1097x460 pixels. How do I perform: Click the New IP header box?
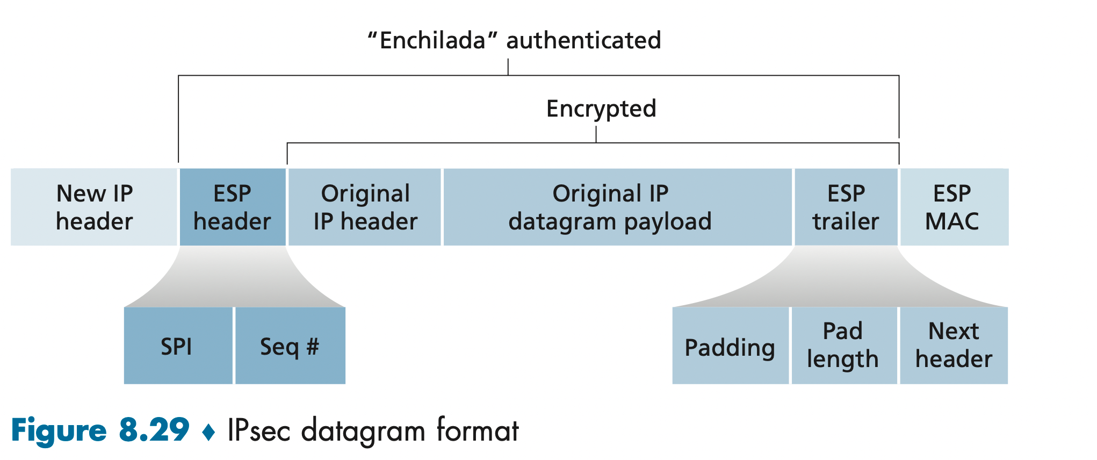94,207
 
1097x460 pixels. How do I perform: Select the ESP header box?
232,207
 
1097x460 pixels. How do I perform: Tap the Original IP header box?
365,207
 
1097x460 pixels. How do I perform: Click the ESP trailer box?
846,207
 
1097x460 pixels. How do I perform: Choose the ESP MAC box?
954,207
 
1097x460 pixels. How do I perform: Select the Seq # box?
290,346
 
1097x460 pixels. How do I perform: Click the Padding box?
730,346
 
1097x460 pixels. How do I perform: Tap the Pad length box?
843,346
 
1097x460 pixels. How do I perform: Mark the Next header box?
954,346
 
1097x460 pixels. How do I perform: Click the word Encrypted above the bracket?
601,109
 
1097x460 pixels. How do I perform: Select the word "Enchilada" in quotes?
432,41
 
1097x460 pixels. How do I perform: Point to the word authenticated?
583,41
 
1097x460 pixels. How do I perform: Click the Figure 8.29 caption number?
154,430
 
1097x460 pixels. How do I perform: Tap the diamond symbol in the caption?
208,432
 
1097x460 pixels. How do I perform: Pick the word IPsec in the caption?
259,430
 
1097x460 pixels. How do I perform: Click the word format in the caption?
478,430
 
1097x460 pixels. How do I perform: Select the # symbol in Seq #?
313,346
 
